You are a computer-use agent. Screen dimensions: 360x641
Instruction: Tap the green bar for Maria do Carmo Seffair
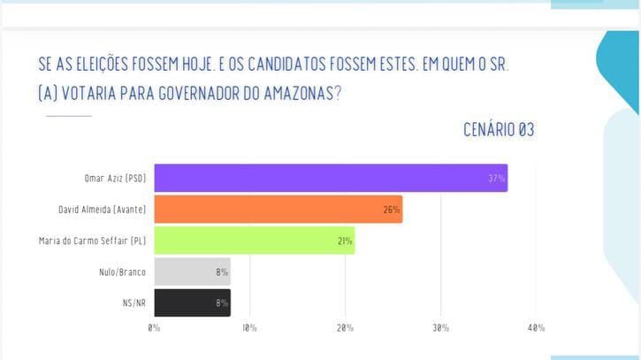pyautogui.click(x=254, y=241)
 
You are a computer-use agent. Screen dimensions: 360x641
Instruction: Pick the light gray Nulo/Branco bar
pyautogui.click(x=192, y=272)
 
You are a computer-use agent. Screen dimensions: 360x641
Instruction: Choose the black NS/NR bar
pyautogui.click(x=192, y=303)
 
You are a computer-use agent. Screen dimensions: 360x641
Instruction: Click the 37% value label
pyautogui.click(x=496, y=179)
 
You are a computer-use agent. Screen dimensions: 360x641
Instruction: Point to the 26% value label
pyautogui.click(x=392, y=210)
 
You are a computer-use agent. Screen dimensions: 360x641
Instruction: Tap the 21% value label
pyautogui.click(x=344, y=241)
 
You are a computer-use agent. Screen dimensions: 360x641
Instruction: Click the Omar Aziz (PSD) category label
pyautogui.click(x=114, y=179)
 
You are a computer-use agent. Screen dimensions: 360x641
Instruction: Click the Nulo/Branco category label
pyautogui.click(x=122, y=272)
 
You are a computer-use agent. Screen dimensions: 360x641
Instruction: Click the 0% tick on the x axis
pyautogui.click(x=154, y=328)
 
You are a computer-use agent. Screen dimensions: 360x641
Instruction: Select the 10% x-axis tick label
pyautogui.click(x=249, y=328)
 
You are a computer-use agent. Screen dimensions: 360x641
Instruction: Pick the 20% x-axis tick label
pyautogui.click(x=345, y=328)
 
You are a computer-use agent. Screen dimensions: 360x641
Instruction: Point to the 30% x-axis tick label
pyautogui.click(x=440, y=328)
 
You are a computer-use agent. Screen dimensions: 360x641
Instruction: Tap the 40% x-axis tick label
pyautogui.click(x=536, y=328)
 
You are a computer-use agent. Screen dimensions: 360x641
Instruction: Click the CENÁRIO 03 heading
pyautogui.click(x=499, y=130)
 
